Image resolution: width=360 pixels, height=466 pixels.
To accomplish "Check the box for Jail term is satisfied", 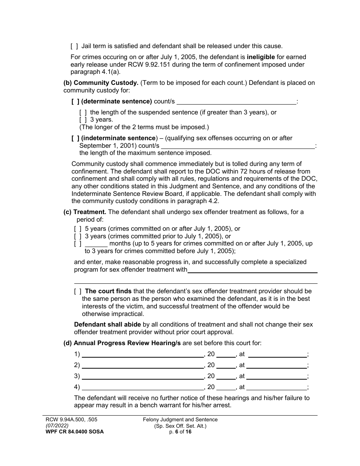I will click(x=74, y=46).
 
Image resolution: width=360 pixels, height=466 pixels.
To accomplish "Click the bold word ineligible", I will click(x=261, y=57).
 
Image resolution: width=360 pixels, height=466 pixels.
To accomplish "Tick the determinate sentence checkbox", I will click(x=75, y=102).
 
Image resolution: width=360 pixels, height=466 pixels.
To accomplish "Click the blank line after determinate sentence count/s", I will click(x=236, y=102).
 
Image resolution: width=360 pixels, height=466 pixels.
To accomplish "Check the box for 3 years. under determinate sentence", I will click(x=83, y=120).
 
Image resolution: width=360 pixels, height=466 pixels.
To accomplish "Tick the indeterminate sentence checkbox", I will click(x=75, y=138).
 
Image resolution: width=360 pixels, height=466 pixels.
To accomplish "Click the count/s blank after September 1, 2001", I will click(x=238, y=146).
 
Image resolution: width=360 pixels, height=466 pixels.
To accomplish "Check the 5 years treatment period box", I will click(x=78, y=229).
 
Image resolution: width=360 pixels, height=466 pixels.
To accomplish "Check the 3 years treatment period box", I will click(x=78, y=236).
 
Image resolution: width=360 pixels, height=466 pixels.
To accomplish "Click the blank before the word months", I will click(x=96, y=244).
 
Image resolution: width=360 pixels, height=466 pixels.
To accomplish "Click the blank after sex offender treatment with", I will click(x=252, y=270).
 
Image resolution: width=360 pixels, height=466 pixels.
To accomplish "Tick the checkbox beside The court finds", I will click(x=78, y=291).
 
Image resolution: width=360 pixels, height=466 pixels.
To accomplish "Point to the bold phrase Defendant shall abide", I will click(x=107, y=325).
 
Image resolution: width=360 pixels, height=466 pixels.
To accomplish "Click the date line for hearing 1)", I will click(x=142, y=355).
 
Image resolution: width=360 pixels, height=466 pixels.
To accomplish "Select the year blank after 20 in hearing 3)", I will click(x=226, y=377).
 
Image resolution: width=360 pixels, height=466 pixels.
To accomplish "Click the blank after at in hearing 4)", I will click(x=277, y=388).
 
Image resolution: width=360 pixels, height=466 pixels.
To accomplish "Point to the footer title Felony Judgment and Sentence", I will click(x=180, y=420).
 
